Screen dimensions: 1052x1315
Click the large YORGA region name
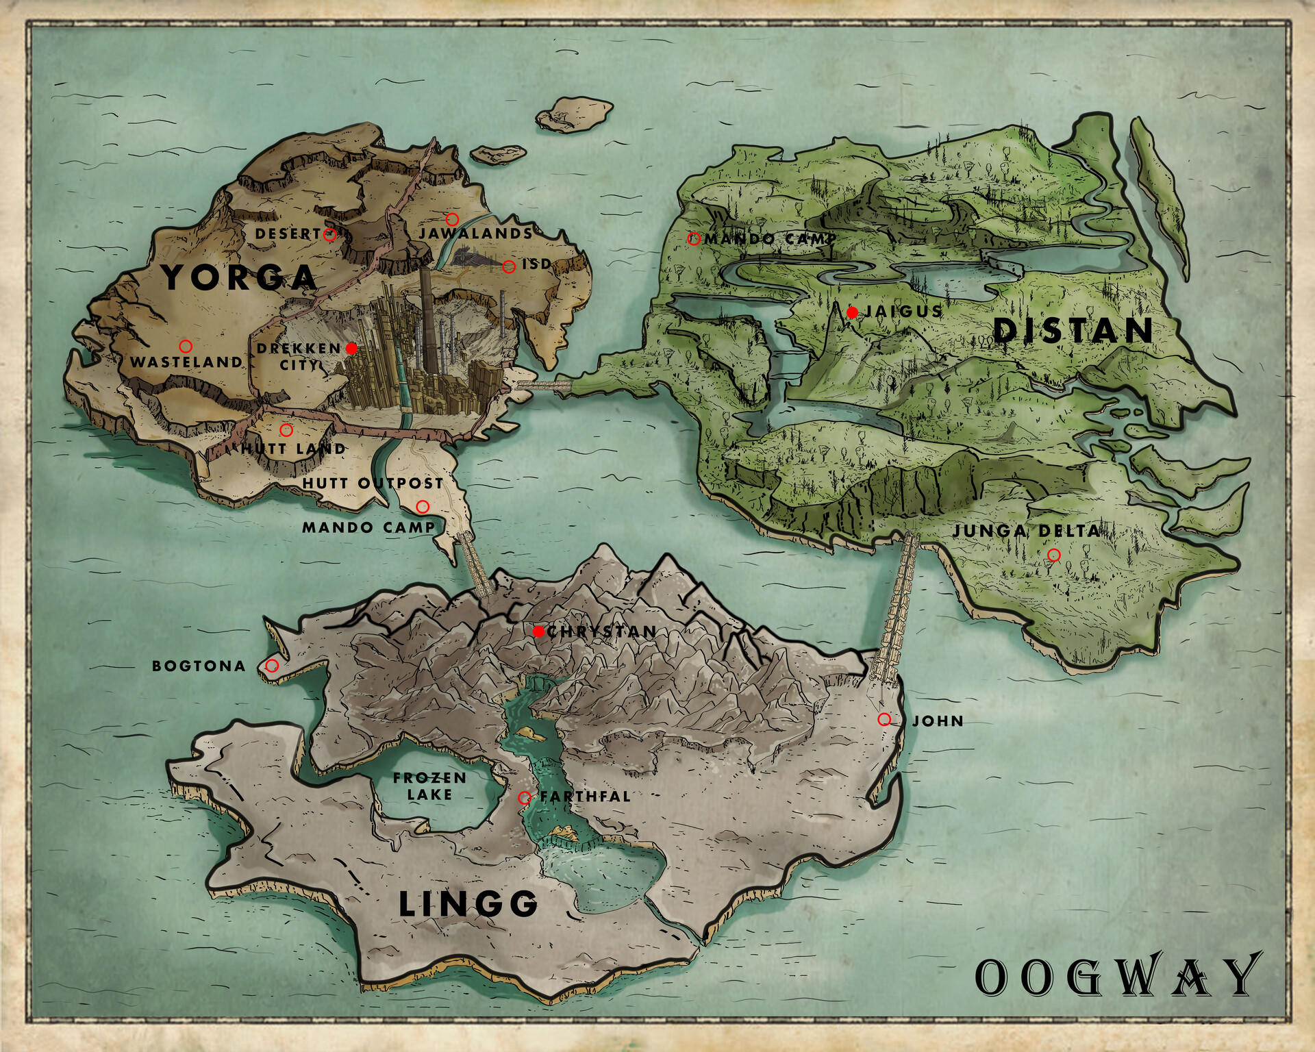click(x=239, y=277)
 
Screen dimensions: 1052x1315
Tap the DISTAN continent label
click(x=1073, y=331)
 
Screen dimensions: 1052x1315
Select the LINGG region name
click(x=468, y=904)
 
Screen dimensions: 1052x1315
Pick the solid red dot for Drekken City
click(x=351, y=349)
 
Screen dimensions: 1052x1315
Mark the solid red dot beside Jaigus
click(x=852, y=312)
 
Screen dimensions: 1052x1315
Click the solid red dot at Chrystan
click(x=538, y=631)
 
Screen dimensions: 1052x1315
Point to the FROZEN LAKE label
click(x=429, y=786)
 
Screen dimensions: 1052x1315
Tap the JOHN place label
click(x=938, y=721)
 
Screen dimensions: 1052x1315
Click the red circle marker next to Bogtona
click(x=272, y=666)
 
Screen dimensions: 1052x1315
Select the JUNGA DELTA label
click(x=1026, y=531)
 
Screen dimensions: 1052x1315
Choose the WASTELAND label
click(x=186, y=362)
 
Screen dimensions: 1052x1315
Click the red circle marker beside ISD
click(x=509, y=266)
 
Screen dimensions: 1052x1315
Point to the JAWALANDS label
click(x=475, y=234)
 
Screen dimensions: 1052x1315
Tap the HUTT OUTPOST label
click(x=373, y=483)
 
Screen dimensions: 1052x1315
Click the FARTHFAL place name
click(x=585, y=797)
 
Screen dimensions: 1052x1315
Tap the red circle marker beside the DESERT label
click(x=329, y=234)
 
